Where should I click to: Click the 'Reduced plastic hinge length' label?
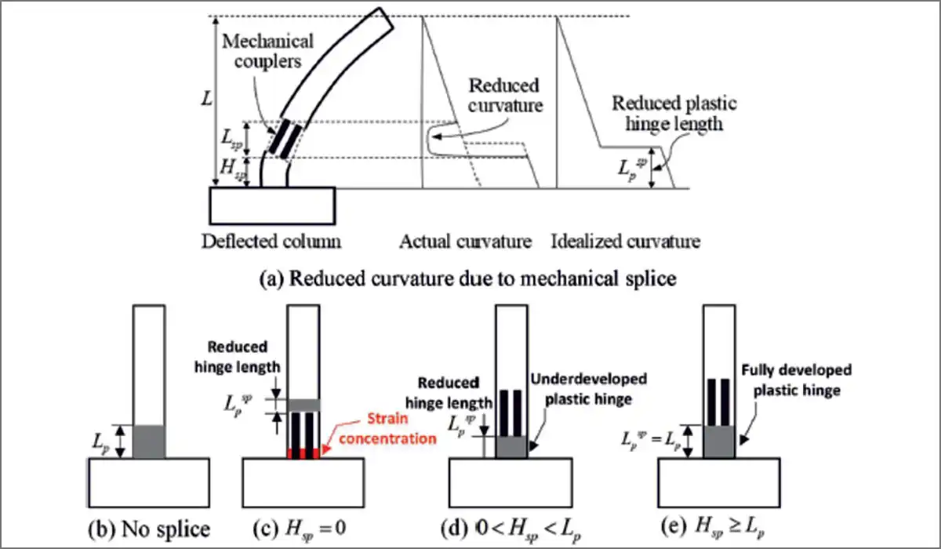pos(674,113)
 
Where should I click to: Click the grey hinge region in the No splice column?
pos(148,442)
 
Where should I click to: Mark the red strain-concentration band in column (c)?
pos(303,454)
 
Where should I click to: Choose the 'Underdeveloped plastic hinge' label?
pos(588,389)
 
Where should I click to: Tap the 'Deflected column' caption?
pos(271,241)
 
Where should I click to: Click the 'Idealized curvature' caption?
pos(625,241)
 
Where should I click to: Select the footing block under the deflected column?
pos(271,205)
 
